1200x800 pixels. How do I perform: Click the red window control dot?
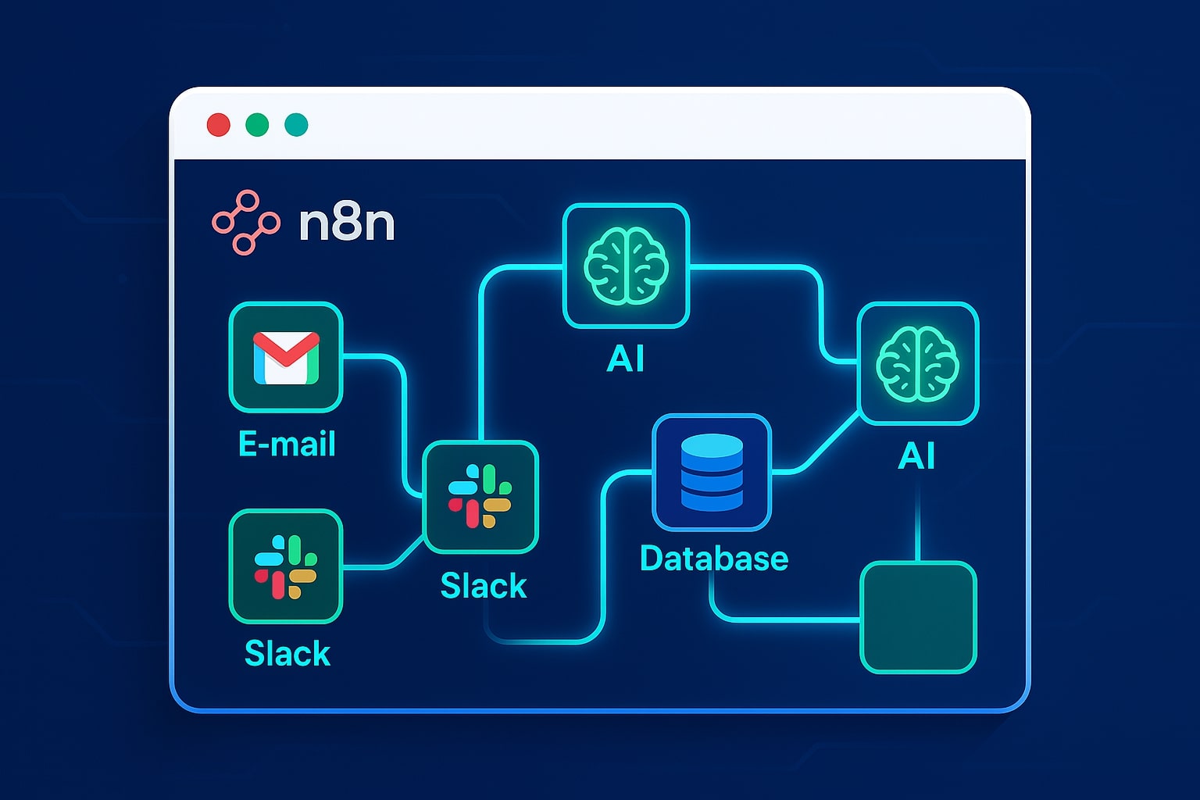[218, 125]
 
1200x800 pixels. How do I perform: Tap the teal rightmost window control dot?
[296, 125]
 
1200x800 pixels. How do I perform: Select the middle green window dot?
[257, 125]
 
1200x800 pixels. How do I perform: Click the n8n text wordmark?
[347, 223]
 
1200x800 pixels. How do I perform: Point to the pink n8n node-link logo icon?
[245, 223]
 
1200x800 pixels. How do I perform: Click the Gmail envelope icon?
[286, 358]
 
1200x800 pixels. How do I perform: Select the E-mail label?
[287, 444]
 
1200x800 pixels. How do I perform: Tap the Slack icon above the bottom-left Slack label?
[286, 566]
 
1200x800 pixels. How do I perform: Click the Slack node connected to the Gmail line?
[480, 497]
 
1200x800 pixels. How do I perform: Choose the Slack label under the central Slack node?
[484, 586]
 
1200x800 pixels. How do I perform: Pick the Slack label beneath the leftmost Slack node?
[287, 653]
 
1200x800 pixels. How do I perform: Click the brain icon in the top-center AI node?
[626, 266]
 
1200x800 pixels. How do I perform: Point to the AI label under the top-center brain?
[626, 359]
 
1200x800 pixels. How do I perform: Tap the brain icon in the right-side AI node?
[917, 364]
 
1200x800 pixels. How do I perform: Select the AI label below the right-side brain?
[916, 455]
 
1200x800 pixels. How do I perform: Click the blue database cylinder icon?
[712, 472]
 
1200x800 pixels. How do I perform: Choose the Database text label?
[714, 559]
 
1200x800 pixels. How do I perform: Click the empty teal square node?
[918, 617]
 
